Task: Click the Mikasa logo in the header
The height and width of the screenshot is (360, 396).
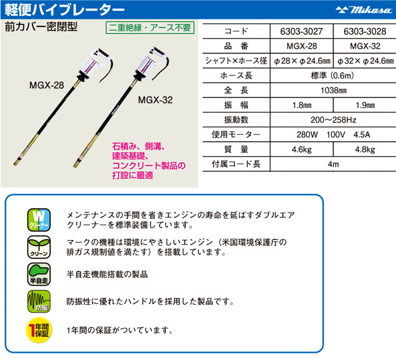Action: (363, 10)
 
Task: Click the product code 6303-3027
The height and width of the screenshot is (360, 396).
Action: (301, 31)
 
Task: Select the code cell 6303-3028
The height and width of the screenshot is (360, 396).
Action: (365, 31)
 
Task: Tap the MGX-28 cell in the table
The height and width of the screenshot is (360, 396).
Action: (301, 46)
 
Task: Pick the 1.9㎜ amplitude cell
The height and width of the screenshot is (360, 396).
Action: (365, 105)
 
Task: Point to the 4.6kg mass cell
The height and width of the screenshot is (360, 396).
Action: (301, 149)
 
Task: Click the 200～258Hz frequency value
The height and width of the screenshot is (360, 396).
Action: (333, 120)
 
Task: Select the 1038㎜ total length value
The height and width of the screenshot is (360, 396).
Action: (333, 90)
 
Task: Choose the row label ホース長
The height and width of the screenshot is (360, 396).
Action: (236, 75)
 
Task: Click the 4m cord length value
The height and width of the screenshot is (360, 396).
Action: (333, 164)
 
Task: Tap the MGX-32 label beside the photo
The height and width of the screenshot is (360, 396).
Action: (155, 100)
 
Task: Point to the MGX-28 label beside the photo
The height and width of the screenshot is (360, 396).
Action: (47, 85)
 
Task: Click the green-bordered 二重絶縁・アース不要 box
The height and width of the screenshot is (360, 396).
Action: (150, 27)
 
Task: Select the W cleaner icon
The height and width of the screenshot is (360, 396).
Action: (39, 220)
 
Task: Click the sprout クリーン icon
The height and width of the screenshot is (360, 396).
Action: (39, 247)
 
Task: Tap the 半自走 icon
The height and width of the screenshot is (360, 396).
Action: (39, 274)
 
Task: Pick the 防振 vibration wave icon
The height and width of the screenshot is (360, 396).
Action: (39, 301)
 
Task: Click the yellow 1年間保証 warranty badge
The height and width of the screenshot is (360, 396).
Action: (39, 330)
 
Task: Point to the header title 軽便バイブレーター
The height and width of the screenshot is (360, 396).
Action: (65, 10)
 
